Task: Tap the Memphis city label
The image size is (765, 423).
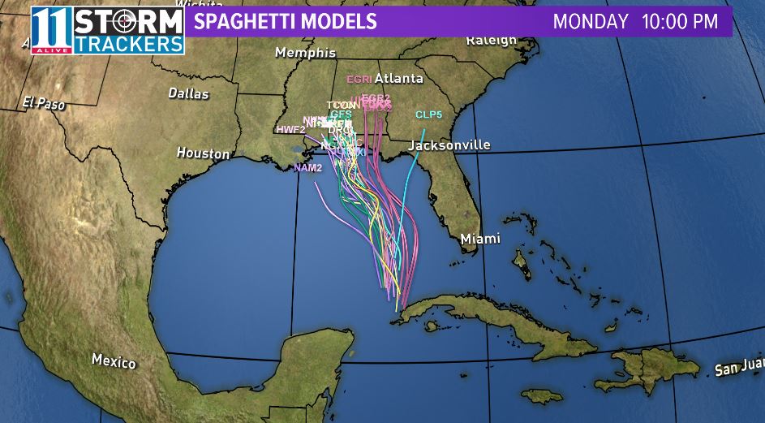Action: click(305, 53)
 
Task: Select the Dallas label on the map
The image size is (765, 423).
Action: click(188, 93)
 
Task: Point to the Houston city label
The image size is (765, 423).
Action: click(203, 153)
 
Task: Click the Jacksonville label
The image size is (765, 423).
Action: click(449, 145)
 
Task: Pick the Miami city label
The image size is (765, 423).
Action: click(480, 239)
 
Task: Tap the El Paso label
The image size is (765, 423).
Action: click(44, 103)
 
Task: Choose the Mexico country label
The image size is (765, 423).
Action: click(114, 360)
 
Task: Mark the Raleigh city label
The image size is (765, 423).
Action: click(491, 40)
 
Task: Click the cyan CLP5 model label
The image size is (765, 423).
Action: click(428, 114)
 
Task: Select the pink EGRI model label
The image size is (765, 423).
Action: click(359, 80)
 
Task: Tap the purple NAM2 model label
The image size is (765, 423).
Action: click(307, 168)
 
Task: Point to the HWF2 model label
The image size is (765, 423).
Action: click(290, 129)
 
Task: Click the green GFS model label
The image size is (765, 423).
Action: click(341, 114)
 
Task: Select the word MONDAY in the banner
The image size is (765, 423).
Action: click(591, 21)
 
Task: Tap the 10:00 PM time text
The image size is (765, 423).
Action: click(680, 21)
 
